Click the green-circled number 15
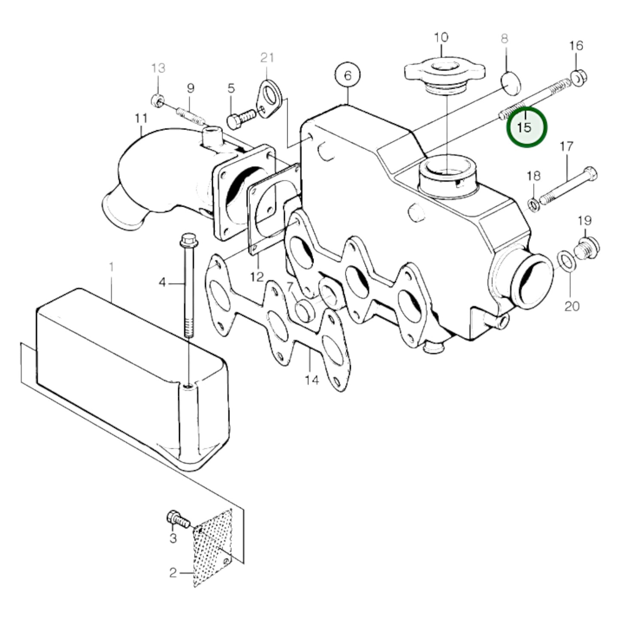527,127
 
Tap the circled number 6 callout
348,76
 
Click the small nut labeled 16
578,78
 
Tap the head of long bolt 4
188,241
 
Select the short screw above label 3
178,520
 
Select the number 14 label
312,380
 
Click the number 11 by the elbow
141,118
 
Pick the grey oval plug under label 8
511,83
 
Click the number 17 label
566,147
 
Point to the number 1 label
111,268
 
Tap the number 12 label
257,277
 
